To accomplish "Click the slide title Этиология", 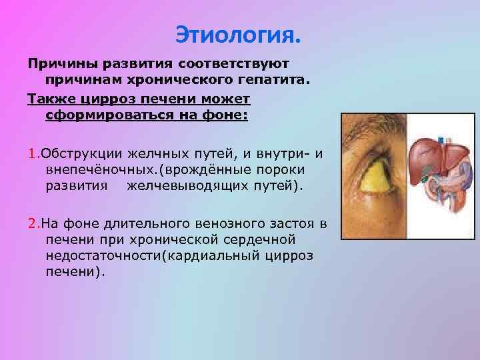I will (239, 31).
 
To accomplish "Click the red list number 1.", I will (31, 154).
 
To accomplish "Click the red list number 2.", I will (31, 223).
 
